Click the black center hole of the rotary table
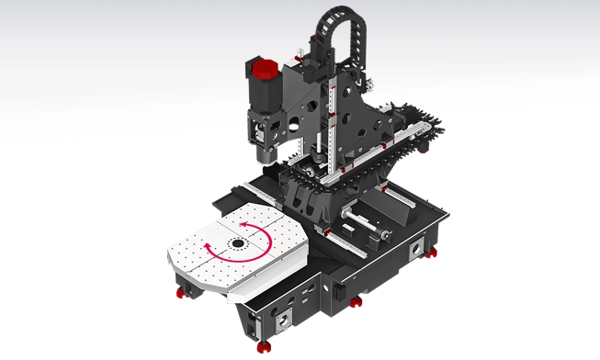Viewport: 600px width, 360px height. [238, 244]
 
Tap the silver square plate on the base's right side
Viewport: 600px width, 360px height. [419, 248]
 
